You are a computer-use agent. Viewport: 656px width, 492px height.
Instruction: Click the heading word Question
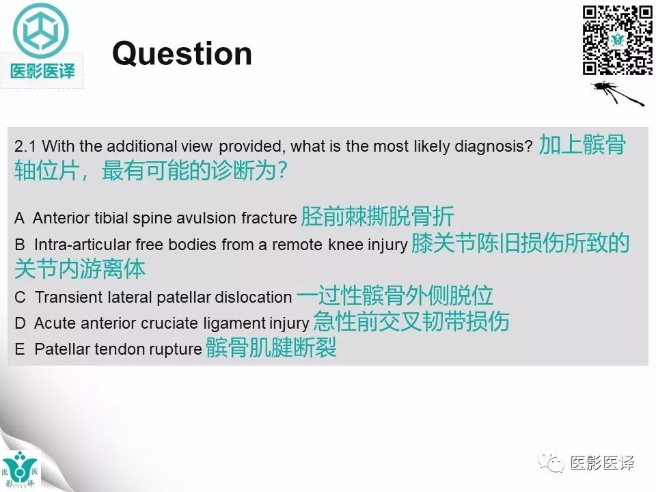click(182, 53)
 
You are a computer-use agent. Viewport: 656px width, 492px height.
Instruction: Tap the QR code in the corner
click(617, 40)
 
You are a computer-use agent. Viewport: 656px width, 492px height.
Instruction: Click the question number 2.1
click(25, 147)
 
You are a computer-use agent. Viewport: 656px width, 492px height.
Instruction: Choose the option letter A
click(19, 218)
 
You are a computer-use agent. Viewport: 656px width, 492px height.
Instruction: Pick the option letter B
click(19, 245)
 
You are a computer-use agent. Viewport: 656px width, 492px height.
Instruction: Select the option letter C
click(19, 297)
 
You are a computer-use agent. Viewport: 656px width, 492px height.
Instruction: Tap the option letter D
click(19, 323)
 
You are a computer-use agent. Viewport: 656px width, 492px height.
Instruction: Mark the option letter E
click(19, 349)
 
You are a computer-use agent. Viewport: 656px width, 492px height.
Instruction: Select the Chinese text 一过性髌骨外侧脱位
click(395, 295)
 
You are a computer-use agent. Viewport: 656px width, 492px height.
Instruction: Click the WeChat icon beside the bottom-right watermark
click(552, 463)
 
